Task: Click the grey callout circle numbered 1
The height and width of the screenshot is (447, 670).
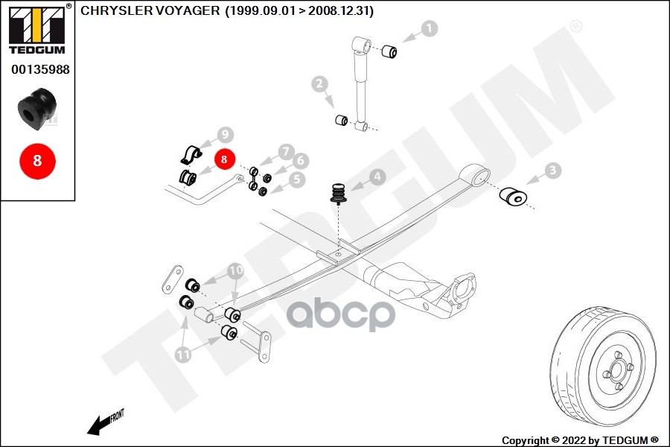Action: click(x=430, y=29)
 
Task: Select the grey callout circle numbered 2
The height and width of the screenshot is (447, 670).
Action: click(x=320, y=84)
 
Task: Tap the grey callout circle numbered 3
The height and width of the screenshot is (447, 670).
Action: click(x=552, y=171)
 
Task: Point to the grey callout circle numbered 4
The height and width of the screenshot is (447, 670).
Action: click(x=378, y=177)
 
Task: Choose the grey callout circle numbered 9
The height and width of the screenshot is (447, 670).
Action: click(x=226, y=136)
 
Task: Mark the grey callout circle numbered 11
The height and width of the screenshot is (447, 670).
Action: click(x=184, y=355)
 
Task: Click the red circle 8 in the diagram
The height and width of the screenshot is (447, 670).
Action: click(x=224, y=159)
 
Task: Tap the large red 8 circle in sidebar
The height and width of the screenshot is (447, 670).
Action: click(x=36, y=159)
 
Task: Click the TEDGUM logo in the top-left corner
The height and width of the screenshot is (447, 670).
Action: click(x=36, y=30)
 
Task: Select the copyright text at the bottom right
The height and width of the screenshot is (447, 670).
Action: click(x=580, y=440)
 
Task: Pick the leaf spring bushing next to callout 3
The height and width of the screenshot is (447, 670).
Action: click(x=513, y=196)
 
